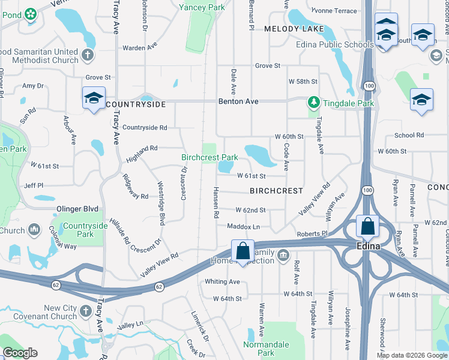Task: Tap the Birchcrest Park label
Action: point(209,158)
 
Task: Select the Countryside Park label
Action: point(85,230)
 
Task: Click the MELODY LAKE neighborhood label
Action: point(294,29)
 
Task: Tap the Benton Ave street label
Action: point(238,101)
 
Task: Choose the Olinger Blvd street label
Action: point(77,209)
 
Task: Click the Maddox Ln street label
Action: point(243,226)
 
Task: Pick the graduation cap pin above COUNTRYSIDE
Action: point(94,98)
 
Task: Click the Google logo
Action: point(20,353)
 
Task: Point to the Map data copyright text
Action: point(412,355)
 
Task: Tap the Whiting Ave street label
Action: point(222,281)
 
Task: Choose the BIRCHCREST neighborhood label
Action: point(276,190)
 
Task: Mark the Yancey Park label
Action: point(202,8)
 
